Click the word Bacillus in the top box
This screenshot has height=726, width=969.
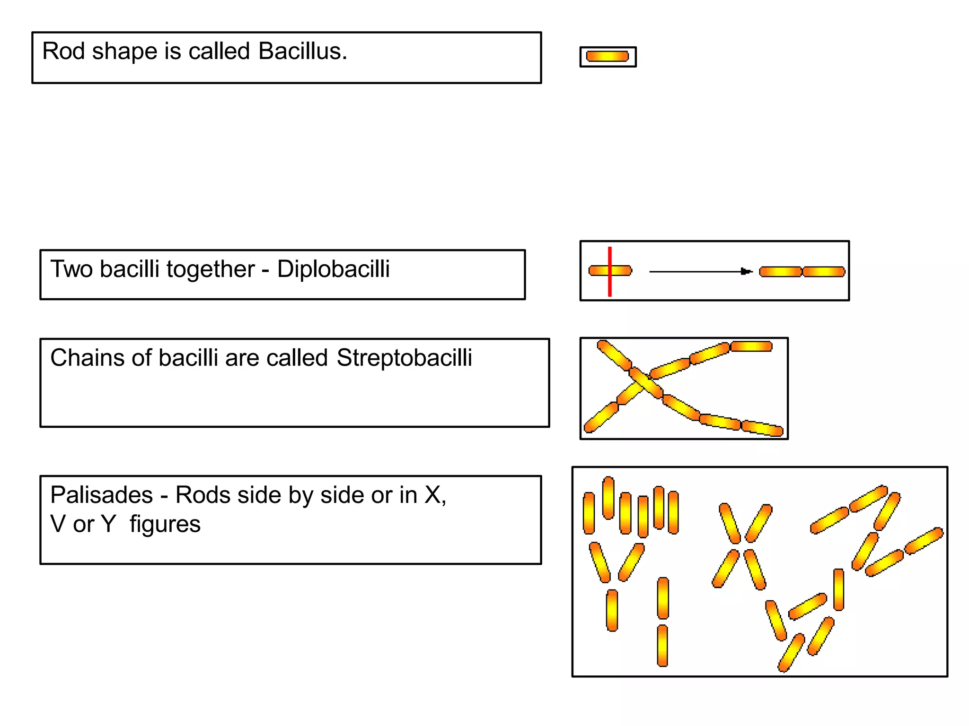tap(303, 51)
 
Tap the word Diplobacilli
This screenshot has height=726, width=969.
tap(334, 269)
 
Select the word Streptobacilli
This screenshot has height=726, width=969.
tap(405, 358)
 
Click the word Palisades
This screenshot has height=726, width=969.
tap(102, 495)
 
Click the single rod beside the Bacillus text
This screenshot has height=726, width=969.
tap(608, 57)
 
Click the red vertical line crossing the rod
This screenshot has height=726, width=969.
tap(610, 271)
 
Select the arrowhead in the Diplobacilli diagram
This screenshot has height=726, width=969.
tap(747, 271)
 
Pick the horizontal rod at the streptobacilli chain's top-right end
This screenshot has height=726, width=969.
tap(751, 346)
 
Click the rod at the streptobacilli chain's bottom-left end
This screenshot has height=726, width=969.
tap(601, 417)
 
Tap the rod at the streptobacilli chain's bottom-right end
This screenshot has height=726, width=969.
tap(762, 428)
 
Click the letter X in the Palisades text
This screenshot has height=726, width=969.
tap(433, 495)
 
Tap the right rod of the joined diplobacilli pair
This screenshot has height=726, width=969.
tap(824, 271)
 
